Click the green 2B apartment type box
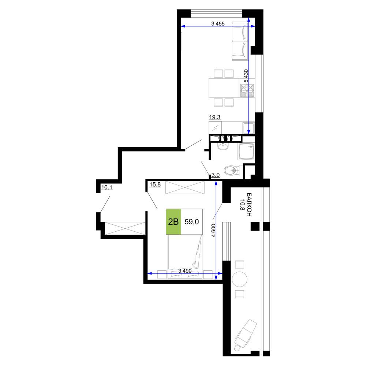click(173, 221)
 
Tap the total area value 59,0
click(192, 221)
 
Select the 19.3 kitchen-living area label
click(214, 117)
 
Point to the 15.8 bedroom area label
click(155, 184)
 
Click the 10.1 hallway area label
click(107, 187)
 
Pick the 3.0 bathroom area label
click(216, 175)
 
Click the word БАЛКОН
click(249, 205)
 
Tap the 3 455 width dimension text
click(218, 23)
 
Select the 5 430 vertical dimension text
click(246, 76)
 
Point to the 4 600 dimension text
click(213, 231)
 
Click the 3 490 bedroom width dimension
click(185, 271)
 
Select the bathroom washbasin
click(223, 146)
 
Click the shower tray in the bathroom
click(246, 151)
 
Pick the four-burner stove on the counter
click(247, 90)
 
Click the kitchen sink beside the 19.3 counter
click(249, 128)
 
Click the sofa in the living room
click(240, 41)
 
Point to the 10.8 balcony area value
click(242, 205)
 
